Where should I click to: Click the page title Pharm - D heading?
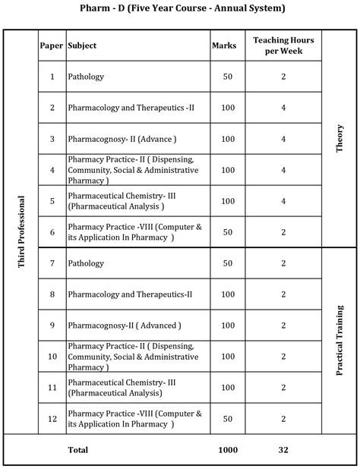(x=179, y=9)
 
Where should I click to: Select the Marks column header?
(x=224, y=46)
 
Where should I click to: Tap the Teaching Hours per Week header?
(x=283, y=45)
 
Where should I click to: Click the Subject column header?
(x=82, y=46)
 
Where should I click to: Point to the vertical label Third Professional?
(x=21, y=232)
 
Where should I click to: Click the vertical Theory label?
(x=339, y=139)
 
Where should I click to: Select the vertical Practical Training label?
(x=339, y=341)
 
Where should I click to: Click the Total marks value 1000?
(x=228, y=450)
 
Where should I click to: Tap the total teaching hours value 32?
(x=283, y=450)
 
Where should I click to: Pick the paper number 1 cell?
(x=52, y=77)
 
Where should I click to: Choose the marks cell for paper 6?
(x=228, y=231)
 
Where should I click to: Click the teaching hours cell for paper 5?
(x=283, y=200)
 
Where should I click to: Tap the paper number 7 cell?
(x=52, y=263)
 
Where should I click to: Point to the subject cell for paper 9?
(x=125, y=325)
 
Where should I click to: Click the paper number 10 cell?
(x=52, y=356)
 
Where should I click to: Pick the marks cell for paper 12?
(x=228, y=418)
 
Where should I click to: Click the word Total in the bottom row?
(x=78, y=450)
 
